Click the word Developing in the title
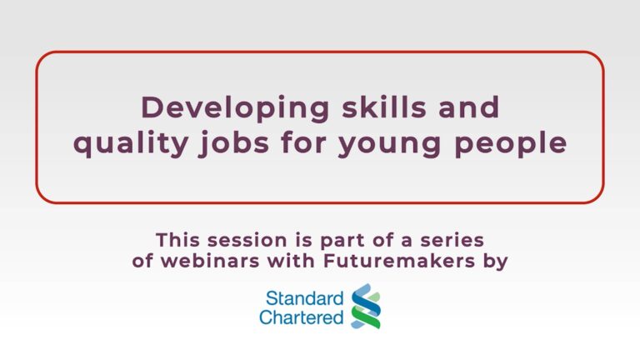235,109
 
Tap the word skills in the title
384,107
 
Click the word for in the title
303,142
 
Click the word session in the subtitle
247,240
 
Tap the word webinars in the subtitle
210,261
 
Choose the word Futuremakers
399,261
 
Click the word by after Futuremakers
496,262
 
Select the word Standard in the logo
304,298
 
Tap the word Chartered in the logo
301,317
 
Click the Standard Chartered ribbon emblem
366,306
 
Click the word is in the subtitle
303,240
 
